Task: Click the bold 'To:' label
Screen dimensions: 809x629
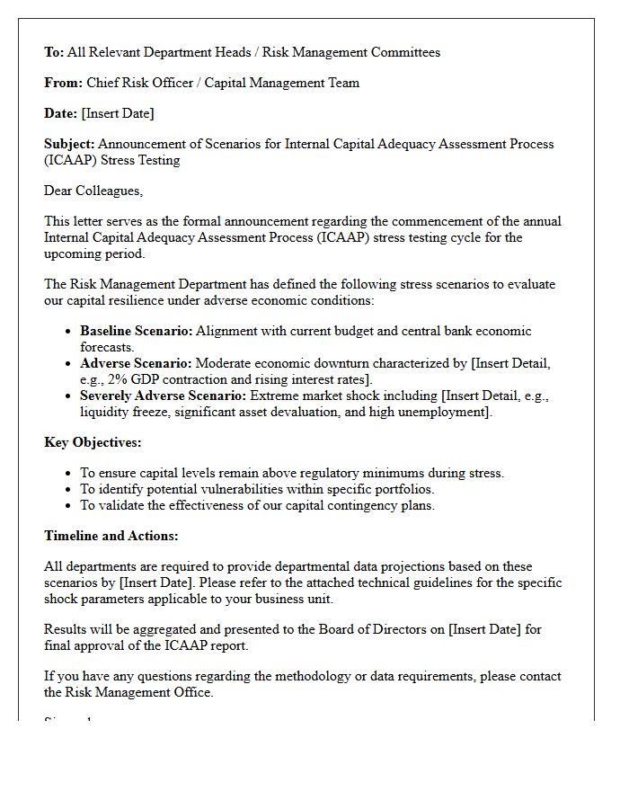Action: coord(54,52)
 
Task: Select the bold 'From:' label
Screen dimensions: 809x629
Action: coord(63,83)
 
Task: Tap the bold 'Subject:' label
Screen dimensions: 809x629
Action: coord(69,144)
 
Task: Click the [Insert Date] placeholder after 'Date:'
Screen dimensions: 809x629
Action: coord(117,113)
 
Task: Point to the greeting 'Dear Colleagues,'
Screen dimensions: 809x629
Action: coord(93,191)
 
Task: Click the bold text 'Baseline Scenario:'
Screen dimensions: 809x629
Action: coord(136,331)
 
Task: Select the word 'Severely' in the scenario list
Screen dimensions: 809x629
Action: coord(106,396)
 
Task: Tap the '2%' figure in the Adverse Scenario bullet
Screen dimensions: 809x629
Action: coord(117,379)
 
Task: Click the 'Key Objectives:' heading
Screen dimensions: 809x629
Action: coord(93,442)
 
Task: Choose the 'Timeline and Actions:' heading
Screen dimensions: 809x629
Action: coord(111,536)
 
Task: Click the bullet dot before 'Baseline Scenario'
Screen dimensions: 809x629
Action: coord(68,332)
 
